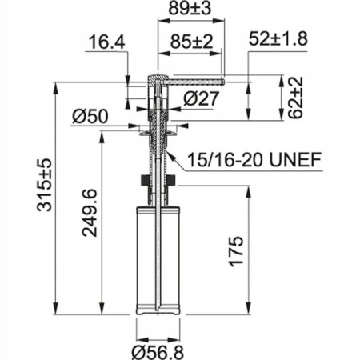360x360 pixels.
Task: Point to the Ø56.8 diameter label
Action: [161, 350]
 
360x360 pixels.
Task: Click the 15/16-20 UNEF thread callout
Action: [255, 160]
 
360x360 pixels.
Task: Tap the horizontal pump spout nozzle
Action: [196, 80]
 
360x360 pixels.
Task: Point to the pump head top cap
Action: [156, 78]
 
